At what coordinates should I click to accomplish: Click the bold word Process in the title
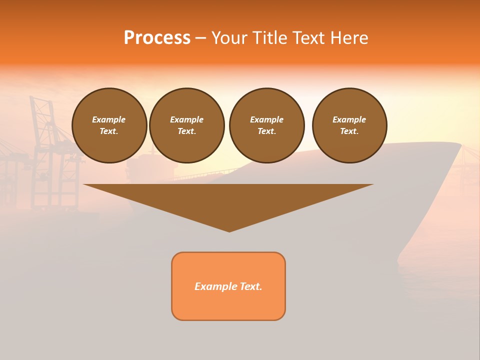click(157, 37)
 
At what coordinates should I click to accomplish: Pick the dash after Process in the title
click(200, 38)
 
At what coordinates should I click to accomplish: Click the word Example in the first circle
click(109, 119)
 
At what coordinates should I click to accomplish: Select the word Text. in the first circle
click(109, 131)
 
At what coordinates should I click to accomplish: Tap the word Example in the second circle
click(186, 119)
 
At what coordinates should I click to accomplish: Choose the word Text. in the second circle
click(186, 131)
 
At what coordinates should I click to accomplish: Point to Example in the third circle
click(266, 119)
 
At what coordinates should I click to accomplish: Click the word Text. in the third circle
click(266, 131)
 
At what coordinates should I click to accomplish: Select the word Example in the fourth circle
click(349, 119)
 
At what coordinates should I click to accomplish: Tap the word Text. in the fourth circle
click(349, 131)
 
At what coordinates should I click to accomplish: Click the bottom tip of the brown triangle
click(229, 231)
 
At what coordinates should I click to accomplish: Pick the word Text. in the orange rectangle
click(251, 286)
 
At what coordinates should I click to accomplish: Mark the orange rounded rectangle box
click(228, 305)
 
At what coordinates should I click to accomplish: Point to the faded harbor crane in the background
click(47, 150)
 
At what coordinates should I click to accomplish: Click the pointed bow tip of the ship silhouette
click(460, 145)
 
